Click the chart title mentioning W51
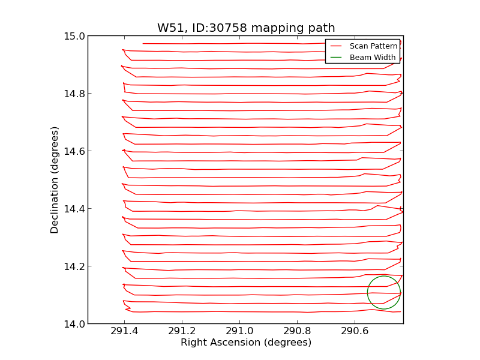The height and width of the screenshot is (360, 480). (x=246, y=28)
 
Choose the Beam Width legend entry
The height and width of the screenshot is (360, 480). (x=373, y=58)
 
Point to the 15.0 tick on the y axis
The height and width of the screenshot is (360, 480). (x=74, y=36)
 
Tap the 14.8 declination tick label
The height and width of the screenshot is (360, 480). (x=74, y=94)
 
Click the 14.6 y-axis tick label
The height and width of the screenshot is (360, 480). (x=74, y=151)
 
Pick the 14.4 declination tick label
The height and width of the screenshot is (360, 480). (x=74, y=209)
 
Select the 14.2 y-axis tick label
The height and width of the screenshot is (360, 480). (x=74, y=266)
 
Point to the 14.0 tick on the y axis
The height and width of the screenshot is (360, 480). (x=74, y=324)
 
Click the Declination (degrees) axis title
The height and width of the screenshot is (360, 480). (x=55, y=180)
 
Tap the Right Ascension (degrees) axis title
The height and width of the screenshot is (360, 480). (x=246, y=343)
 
